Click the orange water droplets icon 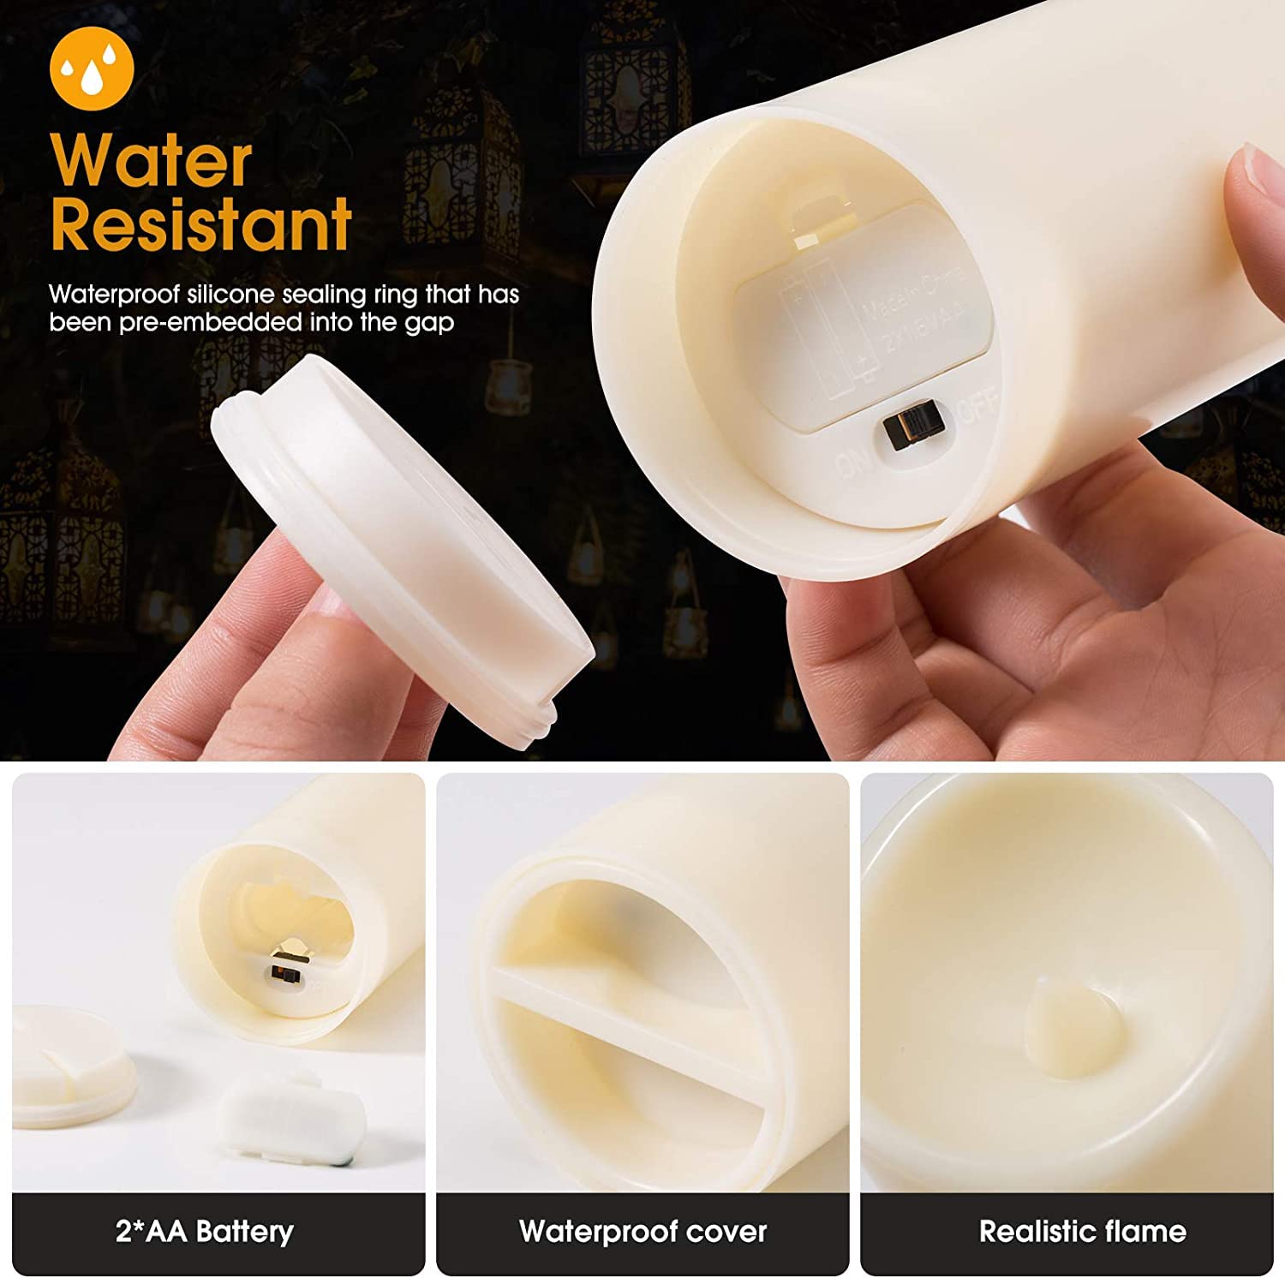[x=92, y=69]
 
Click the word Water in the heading [x=152, y=160]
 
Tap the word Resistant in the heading [x=201, y=224]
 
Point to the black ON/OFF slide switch [x=911, y=426]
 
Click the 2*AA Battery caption [x=205, y=1232]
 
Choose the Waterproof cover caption [x=642, y=1232]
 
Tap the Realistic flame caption [x=1083, y=1232]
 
